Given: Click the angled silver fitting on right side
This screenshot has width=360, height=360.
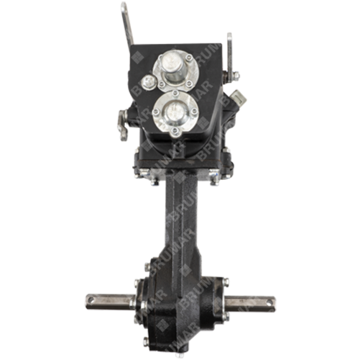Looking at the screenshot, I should point(238,97).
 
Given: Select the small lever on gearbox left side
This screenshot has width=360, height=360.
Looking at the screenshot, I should point(124,124).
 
